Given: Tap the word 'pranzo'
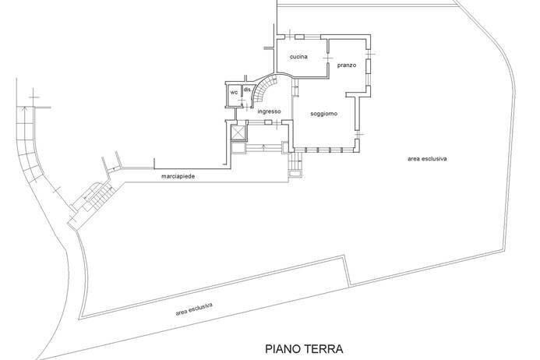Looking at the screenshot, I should pos(347,65).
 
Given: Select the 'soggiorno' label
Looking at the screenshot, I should pos(323,114).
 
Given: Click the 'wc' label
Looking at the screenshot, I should pos(233,92).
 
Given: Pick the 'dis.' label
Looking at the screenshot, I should pos(247,90).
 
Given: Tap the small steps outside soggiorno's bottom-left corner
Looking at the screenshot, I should pos(294,165).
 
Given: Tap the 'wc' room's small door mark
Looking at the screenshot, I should pos(236,101).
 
